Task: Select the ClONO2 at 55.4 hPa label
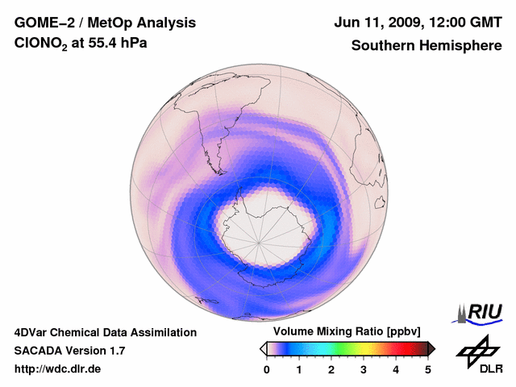tap(81, 47)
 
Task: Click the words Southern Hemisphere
tap(427, 46)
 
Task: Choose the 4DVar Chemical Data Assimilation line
tap(106, 332)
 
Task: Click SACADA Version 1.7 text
tap(69, 351)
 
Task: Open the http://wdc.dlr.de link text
tap(58, 369)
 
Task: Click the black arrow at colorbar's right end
tap(431, 348)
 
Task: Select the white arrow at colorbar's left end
tap(263, 348)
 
